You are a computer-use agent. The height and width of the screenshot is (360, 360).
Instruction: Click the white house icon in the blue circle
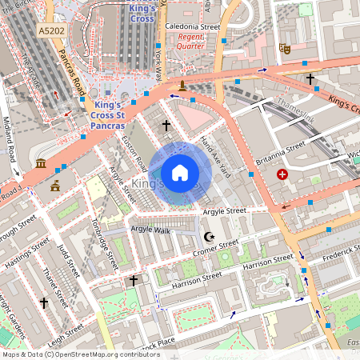point(180,173)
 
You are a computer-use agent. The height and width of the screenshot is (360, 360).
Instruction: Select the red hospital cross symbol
point(282,174)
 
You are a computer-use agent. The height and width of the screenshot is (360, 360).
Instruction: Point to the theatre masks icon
point(284,49)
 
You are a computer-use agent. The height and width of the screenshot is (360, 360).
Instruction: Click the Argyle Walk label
point(150,230)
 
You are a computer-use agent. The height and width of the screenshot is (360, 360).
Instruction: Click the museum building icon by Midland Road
point(41,164)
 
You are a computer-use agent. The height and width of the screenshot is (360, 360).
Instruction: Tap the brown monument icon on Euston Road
point(183,85)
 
